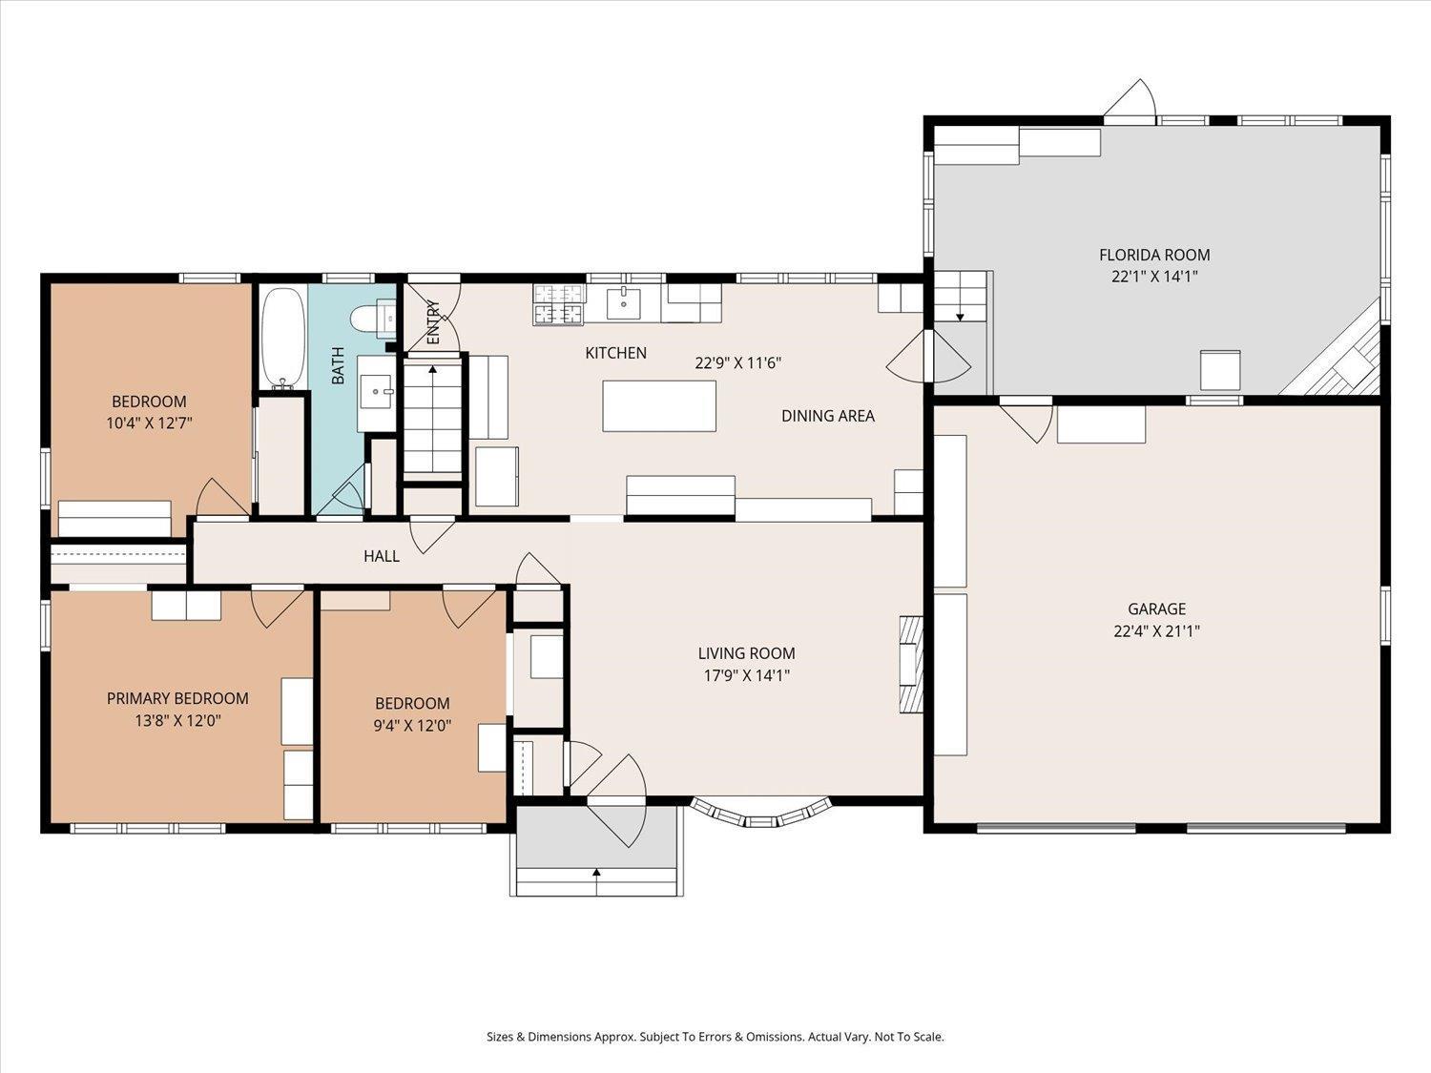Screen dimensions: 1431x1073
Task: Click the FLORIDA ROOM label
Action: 1154,255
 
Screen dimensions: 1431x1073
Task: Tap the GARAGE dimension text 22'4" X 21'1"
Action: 1156,630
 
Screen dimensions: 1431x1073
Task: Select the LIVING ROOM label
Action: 746,652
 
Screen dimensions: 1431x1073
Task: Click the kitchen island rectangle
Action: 659,406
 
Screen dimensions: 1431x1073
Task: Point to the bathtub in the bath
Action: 283,339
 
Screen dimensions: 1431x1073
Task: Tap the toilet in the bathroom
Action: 373,320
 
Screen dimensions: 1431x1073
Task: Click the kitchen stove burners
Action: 559,305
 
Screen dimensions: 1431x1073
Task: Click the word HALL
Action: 382,556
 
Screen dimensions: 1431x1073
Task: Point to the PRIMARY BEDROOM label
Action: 177,698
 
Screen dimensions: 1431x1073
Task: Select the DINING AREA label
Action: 828,416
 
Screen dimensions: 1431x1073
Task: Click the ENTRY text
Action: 433,321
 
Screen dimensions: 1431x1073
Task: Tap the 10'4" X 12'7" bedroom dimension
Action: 149,423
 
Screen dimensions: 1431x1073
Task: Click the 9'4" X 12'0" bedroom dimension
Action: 412,725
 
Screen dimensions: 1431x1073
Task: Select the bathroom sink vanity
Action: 376,393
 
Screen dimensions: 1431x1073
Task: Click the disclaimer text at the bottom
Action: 715,1037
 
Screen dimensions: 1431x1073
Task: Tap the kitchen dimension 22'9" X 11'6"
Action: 738,362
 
